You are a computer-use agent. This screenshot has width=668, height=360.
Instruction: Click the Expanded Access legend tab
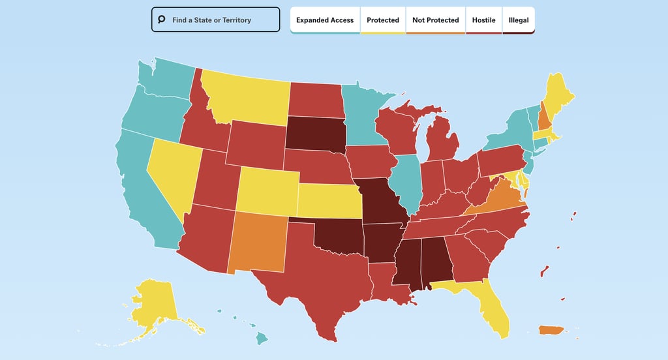coord(325,20)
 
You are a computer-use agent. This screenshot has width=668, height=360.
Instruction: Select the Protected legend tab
coord(383,20)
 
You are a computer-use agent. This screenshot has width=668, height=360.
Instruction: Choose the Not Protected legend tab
coord(435,20)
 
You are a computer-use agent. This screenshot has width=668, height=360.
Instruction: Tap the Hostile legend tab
coord(483,20)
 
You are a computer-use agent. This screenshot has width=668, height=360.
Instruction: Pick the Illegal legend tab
coord(519,20)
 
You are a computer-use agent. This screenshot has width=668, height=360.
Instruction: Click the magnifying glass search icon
coord(161,20)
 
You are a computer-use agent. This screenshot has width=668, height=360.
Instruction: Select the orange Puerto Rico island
coord(552,331)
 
